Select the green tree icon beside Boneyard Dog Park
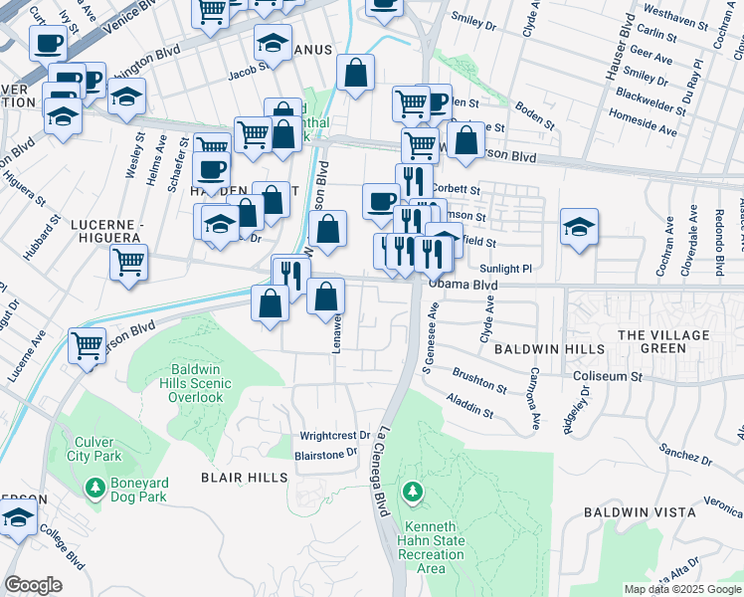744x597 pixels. coord(94,489)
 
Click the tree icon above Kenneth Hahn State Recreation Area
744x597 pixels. coord(413,492)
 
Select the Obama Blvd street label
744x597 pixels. coord(463,285)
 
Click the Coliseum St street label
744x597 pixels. coord(610,377)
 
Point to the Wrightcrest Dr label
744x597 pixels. coord(334,436)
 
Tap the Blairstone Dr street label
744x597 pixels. coord(325,453)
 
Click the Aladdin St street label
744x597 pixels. coord(470,404)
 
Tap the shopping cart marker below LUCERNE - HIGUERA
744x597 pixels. coord(128,263)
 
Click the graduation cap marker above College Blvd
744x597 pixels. coord(18,517)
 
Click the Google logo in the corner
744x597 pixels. coord(33,585)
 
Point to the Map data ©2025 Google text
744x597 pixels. coord(681,589)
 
